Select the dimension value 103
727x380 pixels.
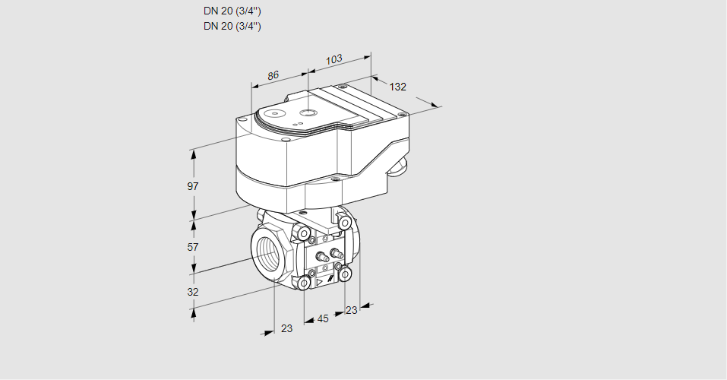[x=333, y=59]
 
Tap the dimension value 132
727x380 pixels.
[x=398, y=87]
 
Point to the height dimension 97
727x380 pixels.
[x=193, y=186]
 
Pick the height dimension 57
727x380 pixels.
[x=193, y=247]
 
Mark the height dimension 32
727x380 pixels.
[x=193, y=292]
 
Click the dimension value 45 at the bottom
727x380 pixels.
[x=323, y=318]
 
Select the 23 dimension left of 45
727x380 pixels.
[x=286, y=328]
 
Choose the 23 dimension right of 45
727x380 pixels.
[x=351, y=309]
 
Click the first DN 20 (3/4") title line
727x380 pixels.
[x=232, y=11]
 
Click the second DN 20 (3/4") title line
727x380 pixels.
[x=232, y=26]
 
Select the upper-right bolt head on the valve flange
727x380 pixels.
[x=345, y=222]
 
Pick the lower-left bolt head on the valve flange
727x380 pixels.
[x=304, y=283]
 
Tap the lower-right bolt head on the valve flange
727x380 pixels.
[x=345, y=273]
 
